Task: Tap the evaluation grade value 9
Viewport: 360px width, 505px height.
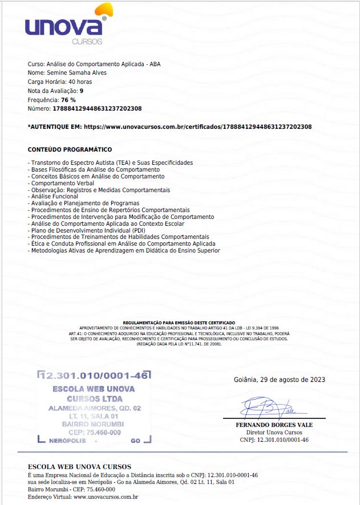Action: coord(82,91)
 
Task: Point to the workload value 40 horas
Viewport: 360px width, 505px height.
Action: coord(72,82)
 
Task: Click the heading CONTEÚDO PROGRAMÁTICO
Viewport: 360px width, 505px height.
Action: coord(70,149)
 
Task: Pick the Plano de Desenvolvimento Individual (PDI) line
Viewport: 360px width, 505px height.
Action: coord(84,230)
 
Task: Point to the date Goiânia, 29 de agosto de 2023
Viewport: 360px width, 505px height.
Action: coord(280,380)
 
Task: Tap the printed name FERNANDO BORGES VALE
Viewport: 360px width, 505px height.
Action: coord(274,425)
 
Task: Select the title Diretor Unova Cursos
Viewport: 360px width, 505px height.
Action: coord(274,433)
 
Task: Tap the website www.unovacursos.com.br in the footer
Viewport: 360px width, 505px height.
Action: coord(106,496)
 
